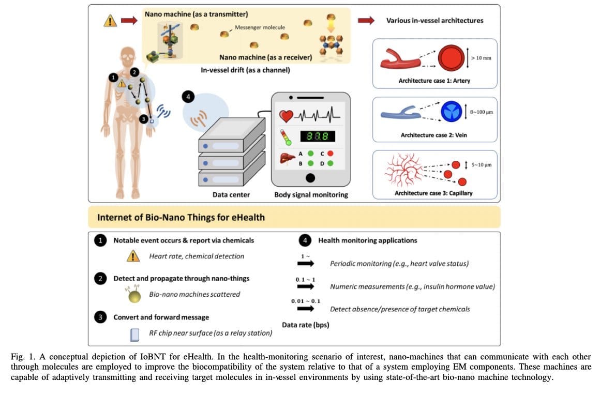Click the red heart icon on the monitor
point(286,117)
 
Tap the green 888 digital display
point(318,136)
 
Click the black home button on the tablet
point(310,178)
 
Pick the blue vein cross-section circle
point(451,112)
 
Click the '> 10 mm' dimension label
point(481,58)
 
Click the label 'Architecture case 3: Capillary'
point(433,193)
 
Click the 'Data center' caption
point(231,195)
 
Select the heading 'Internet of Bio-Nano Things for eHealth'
point(181,217)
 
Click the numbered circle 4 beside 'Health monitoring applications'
point(305,240)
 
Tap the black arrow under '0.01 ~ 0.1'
point(306,309)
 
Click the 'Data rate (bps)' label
point(306,325)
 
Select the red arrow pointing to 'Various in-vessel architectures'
point(366,20)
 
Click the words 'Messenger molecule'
point(260,27)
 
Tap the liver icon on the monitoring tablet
point(288,159)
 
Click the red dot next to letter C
point(330,153)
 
